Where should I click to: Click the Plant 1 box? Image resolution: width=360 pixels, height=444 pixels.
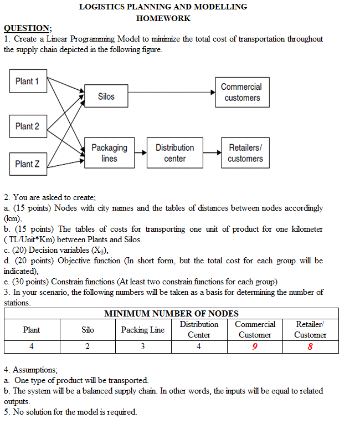[x=28, y=81]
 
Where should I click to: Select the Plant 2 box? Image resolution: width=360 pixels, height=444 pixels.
[x=28, y=126]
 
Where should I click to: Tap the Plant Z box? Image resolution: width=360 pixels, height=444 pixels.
[x=28, y=164]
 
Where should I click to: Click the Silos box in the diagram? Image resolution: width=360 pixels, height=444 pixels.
[x=106, y=96]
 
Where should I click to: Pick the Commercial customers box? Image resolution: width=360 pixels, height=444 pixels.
[x=241, y=92]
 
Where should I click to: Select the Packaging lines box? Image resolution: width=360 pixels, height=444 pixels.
[x=109, y=153]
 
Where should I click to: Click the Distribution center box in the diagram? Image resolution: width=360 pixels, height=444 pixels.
[x=174, y=153]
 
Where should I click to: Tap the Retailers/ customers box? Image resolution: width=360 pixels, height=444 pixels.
[x=245, y=153]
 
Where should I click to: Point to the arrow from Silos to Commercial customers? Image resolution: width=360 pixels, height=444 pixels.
[x=172, y=92]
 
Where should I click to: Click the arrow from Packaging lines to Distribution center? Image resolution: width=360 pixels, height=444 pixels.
[x=141, y=152]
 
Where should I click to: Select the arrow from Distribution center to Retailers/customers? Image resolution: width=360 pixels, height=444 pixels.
[x=212, y=152]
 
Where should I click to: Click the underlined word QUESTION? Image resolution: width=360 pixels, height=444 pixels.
[x=28, y=28]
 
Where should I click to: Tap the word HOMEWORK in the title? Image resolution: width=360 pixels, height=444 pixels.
[x=163, y=18]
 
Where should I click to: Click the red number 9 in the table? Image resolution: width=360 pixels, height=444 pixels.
[x=254, y=347]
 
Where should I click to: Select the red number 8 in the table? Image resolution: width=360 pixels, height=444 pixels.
[x=310, y=347]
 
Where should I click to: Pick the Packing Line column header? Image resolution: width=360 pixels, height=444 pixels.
[x=143, y=330]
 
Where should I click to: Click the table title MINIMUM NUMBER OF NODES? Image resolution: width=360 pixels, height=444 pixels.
[x=171, y=314]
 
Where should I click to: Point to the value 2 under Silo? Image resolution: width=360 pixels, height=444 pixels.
[x=88, y=347]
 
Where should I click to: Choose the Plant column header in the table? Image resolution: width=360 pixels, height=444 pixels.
[x=32, y=330]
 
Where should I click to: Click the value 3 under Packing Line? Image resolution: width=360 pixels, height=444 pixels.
[x=143, y=347]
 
